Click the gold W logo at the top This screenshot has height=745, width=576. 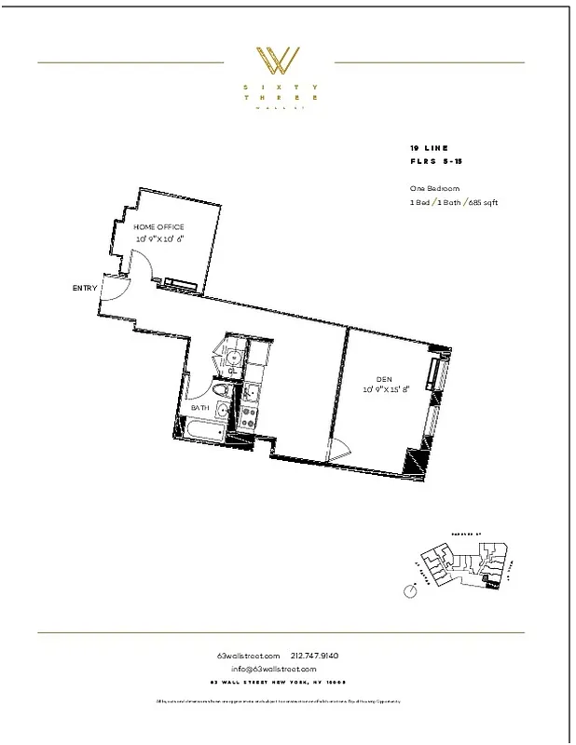(x=279, y=61)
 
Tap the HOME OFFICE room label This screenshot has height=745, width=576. (x=158, y=227)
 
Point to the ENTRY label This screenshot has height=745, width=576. (x=85, y=288)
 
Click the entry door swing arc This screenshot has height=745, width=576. (x=112, y=291)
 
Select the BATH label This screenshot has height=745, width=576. (x=200, y=408)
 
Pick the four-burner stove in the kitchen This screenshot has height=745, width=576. (x=250, y=417)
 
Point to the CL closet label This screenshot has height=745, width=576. (x=233, y=371)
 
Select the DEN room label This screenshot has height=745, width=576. (x=383, y=378)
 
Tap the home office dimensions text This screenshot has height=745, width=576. (x=158, y=239)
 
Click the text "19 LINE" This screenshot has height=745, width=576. (x=429, y=148)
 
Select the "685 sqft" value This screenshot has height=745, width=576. (x=482, y=202)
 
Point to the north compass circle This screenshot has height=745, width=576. (x=410, y=590)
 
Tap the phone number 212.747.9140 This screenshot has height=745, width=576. (x=315, y=656)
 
